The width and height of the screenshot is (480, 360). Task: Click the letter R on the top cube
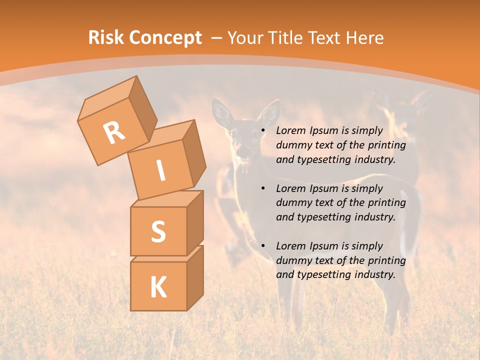click(114, 132)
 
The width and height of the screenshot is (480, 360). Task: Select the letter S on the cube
click(158, 231)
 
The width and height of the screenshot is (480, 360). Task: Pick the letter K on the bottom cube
click(158, 287)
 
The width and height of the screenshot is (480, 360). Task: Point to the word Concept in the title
click(165, 38)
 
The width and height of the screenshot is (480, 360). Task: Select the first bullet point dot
click(262, 131)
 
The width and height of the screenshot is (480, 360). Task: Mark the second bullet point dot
click(262, 188)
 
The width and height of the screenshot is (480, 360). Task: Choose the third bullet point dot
click(262, 246)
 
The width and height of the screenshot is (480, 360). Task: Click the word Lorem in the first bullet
click(289, 131)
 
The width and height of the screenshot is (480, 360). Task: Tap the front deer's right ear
click(270, 112)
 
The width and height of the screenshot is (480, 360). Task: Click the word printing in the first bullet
click(385, 145)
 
